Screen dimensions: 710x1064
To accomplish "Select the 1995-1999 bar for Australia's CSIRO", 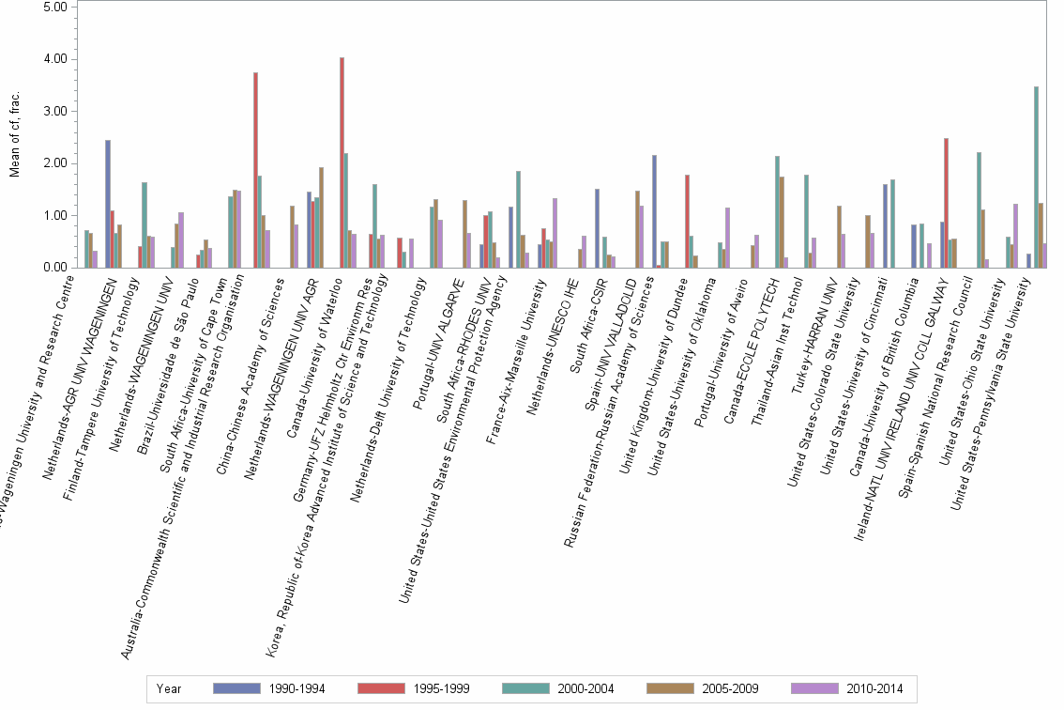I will point(255,170).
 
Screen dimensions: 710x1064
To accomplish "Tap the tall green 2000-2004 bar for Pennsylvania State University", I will point(1035,177).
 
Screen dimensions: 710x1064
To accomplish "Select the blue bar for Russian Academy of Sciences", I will point(654,211).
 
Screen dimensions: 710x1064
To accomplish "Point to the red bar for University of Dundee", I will point(687,221).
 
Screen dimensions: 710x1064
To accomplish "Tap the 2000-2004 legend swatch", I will point(530,688).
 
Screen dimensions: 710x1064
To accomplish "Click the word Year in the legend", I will point(169,688).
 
